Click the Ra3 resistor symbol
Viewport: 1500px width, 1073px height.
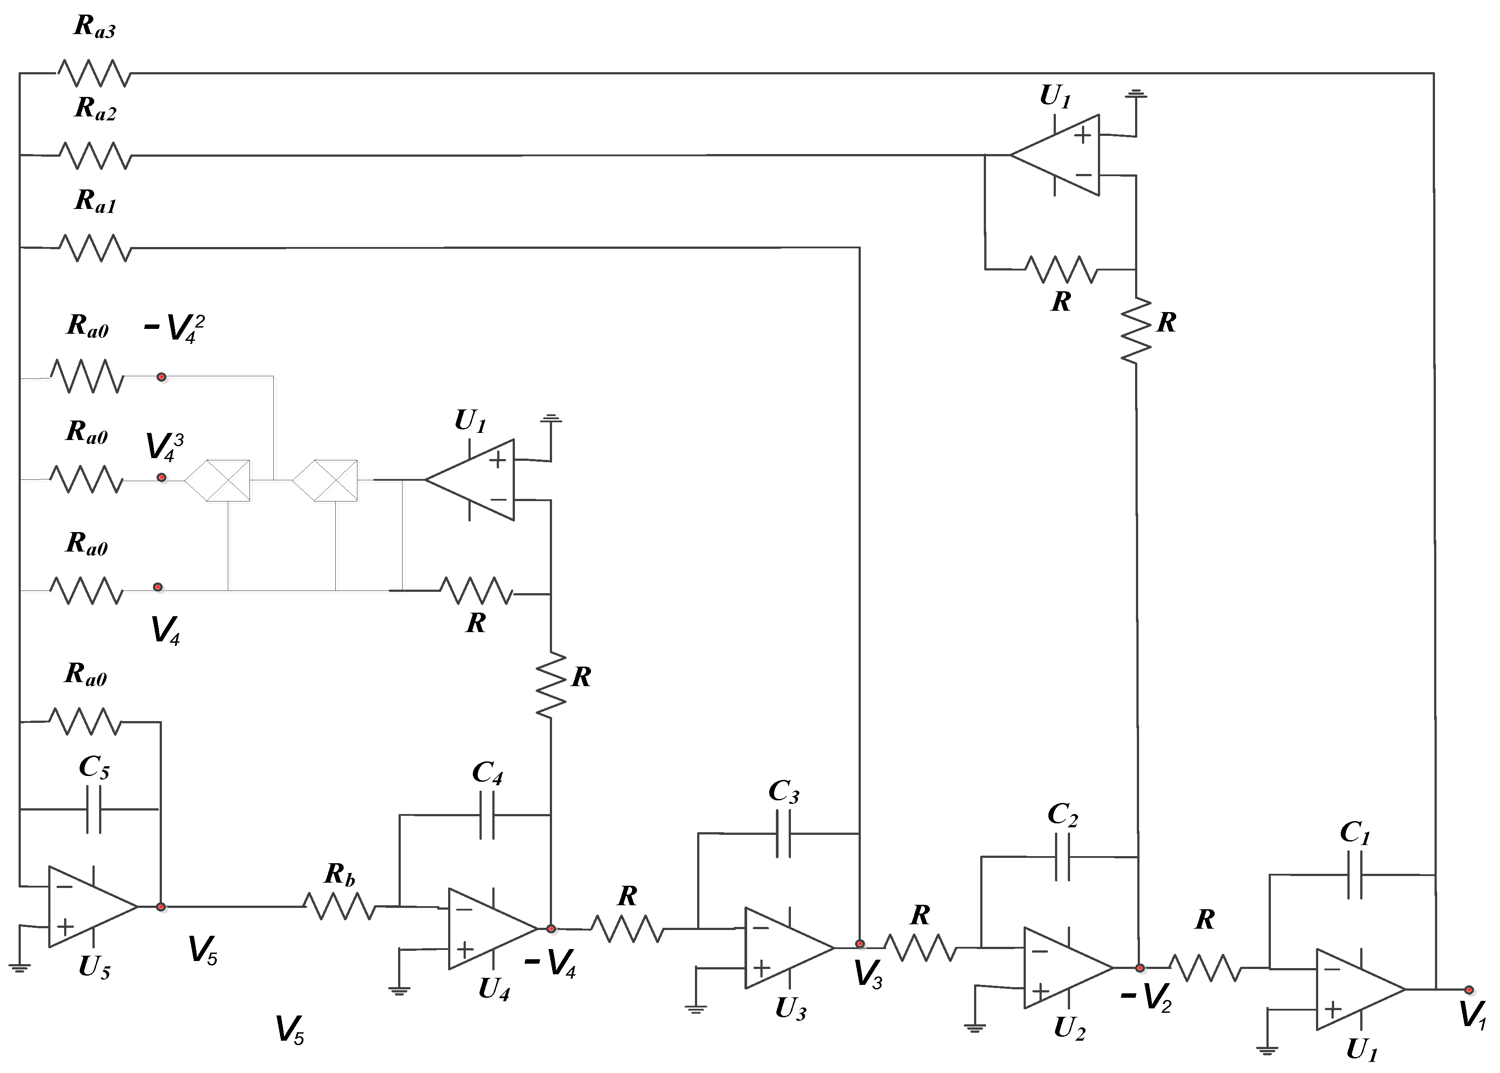94,73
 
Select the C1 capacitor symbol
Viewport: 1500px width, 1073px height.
1355,874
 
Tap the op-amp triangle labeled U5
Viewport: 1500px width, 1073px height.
89,907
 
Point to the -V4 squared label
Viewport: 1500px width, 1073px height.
173,328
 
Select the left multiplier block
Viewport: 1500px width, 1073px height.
219,480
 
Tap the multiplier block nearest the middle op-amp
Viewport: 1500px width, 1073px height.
326,480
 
